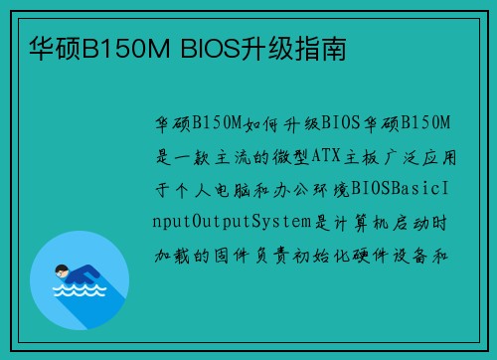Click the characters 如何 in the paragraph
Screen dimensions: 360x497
click(x=255, y=122)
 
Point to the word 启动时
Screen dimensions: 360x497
click(x=432, y=219)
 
